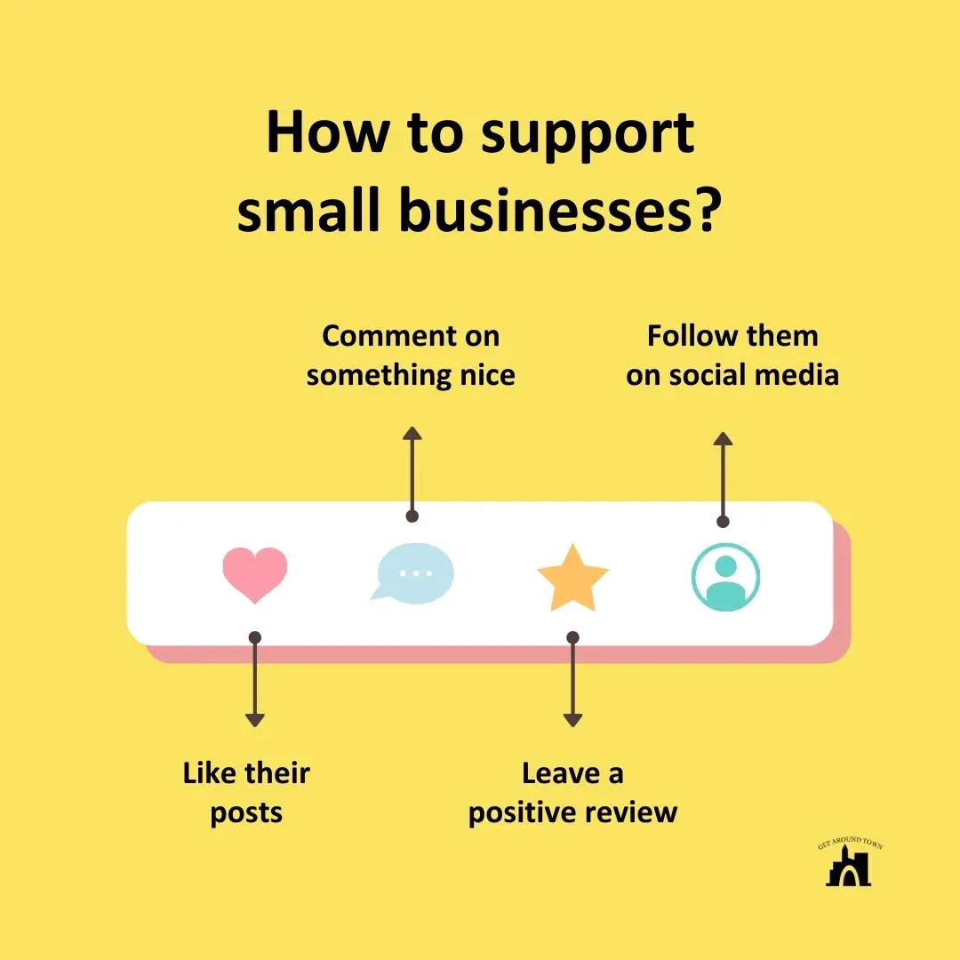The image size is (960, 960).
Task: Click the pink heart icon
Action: point(255,574)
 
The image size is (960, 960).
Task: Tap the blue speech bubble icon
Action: point(412,572)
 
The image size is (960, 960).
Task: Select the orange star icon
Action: point(572,578)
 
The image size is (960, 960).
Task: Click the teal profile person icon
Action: point(725,577)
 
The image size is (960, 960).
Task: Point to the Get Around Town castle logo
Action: point(848,864)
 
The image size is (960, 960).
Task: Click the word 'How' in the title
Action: point(327,133)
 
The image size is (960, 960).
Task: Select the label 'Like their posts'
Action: point(246,792)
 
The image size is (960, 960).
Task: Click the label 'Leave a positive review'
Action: point(572,792)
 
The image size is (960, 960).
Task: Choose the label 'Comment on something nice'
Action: point(411,356)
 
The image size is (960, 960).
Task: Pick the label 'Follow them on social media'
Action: point(732,356)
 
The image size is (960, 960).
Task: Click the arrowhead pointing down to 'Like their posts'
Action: point(255,719)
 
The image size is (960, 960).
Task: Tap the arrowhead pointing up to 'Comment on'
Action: point(412,434)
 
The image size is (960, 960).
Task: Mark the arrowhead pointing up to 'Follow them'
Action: point(723,439)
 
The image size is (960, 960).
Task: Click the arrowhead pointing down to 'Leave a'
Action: point(572,719)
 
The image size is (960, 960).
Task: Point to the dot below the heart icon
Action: point(255,637)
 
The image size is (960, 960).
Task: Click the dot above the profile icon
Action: point(723,522)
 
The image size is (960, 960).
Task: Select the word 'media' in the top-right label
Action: point(798,375)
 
